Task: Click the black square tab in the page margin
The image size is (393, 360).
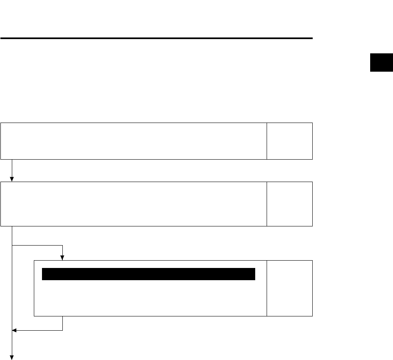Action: click(x=381, y=62)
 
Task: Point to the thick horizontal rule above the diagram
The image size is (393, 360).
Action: click(x=157, y=39)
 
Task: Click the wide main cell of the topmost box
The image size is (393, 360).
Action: click(x=134, y=140)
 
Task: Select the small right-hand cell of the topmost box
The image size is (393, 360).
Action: click(x=289, y=140)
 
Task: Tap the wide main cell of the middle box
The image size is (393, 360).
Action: click(x=134, y=204)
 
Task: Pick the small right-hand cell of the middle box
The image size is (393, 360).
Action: click(x=289, y=204)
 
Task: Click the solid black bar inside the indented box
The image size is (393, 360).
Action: click(x=149, y=274)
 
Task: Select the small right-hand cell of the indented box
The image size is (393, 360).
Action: click(x=289, y=288)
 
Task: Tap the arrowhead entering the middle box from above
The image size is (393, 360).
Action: click(x=12, y=179)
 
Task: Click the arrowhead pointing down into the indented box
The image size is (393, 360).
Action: click(x=62, y=257)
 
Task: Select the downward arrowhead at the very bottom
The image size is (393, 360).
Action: click(x=12, y=357)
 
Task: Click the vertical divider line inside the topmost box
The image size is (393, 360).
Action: click(x=267, y=140)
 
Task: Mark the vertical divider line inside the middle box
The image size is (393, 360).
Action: click(x=267, y=204)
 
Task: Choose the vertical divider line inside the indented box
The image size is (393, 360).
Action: click(x=267, y=288)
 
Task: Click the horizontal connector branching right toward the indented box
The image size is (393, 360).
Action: click(x=38, y=246)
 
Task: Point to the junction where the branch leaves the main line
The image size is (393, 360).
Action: click(x=12, y=246)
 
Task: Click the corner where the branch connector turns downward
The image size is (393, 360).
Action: click(x=62, y=246)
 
